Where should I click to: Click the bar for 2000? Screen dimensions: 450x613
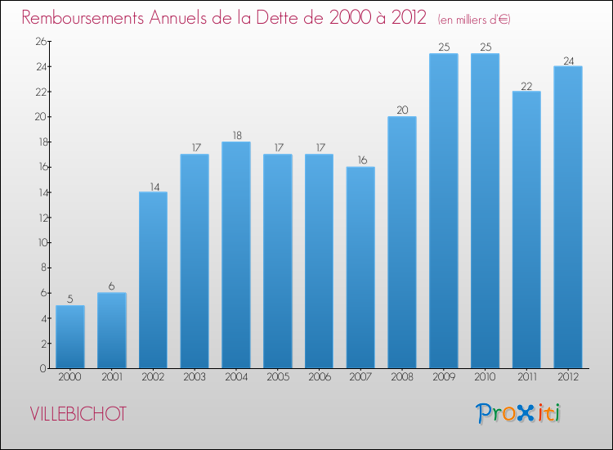pyautogui.click(x=70, y=337)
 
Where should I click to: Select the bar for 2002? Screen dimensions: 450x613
pyautogui.click(x=153, y=280)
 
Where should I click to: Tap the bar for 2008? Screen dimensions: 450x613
pyautogui.click(x=402, y=242)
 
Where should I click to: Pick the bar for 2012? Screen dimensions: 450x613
pyautogui.click(x=568, y=217)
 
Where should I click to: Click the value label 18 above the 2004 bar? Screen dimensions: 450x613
pyautogui.click(x=236, y=135)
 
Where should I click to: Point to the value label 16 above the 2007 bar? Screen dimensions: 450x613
pyautogui.click(x=360, y=160)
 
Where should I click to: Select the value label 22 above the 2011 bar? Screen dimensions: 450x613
pyautogui.click(x=526, y=85)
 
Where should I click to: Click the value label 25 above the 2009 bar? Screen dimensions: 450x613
pyautogui.click(x=444, y=47)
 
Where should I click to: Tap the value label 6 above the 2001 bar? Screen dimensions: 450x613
pyautogui.click(x=112, y=286)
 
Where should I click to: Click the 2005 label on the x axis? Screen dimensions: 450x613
pyautogui.click(x=278, y=377)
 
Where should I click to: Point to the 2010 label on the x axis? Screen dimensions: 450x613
pyautogui.click(x=485, y=377)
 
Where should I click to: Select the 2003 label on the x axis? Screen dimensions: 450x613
pyautogui.click(x=195, y=377)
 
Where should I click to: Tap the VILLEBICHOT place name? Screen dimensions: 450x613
pyautogui.click(x=78, y=414)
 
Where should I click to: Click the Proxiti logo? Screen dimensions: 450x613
pyautogui.click(x=518, y=413)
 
